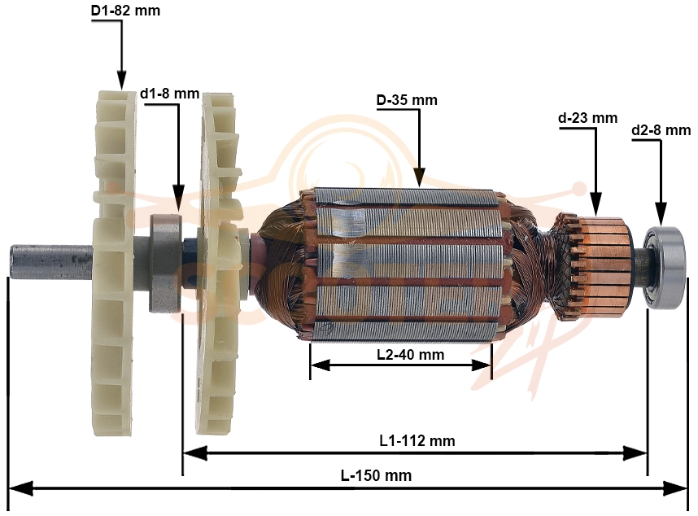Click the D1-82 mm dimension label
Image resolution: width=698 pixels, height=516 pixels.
point(125,11)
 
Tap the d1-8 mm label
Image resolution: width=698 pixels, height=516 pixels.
point(169,94)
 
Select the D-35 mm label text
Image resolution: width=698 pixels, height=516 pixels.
point(407,100)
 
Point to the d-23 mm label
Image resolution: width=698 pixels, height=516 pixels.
point(587,118)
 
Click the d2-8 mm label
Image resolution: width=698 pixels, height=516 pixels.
point(661,130)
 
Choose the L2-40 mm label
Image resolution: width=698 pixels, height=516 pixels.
point(411,355)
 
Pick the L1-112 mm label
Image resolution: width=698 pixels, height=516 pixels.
point(417,441)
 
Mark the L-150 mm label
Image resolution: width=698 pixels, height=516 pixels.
point(376,475)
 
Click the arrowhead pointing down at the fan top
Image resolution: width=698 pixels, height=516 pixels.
point(121,80)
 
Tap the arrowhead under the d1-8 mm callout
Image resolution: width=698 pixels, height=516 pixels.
point(178,199)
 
